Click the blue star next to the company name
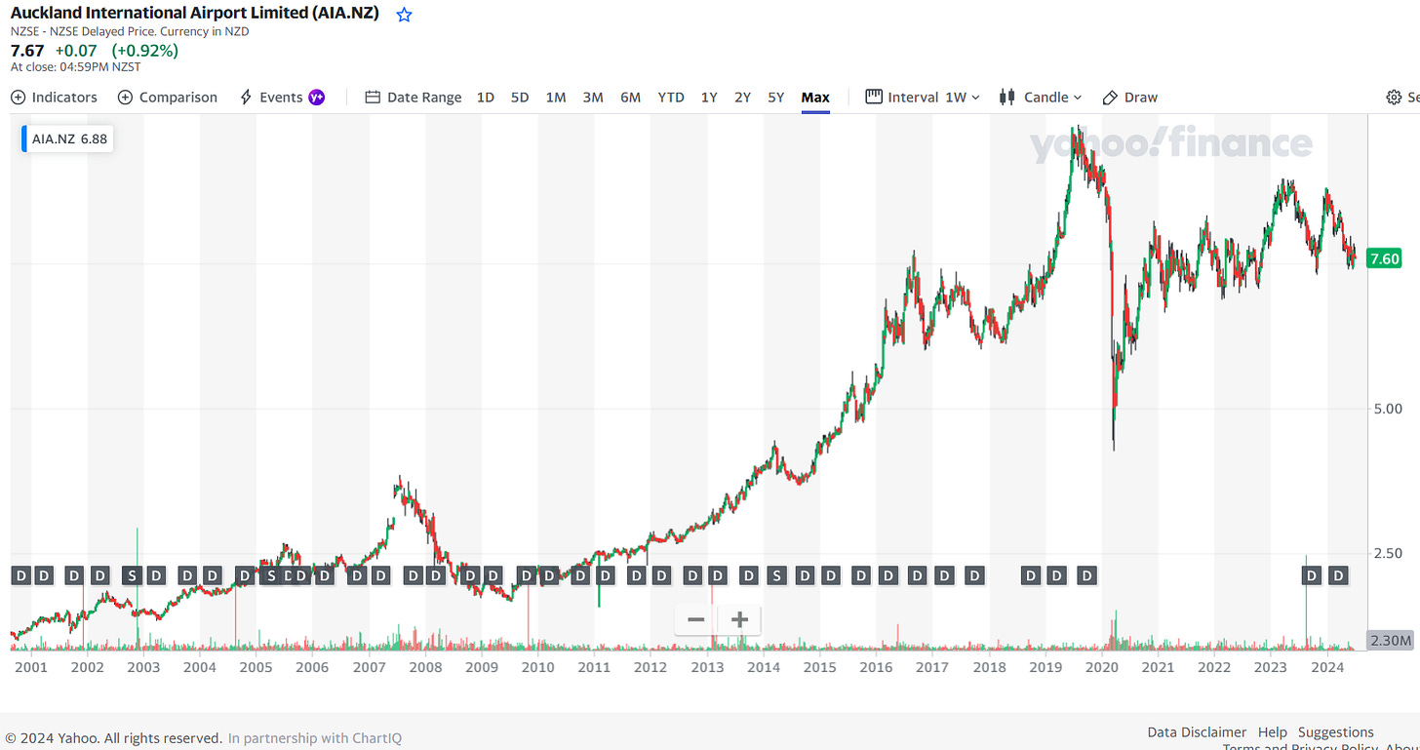(404, 15)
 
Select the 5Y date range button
(775, 98)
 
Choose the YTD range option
(671, 98)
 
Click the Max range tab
(815, 98)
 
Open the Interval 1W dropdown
(923, 98)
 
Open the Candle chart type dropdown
(1041, 98)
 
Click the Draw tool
(1130, 98)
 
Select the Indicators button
(55, 98)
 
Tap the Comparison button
(168, 98)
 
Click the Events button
(282, 98)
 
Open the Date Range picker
(414, 98)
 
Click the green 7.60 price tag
(1385, 258)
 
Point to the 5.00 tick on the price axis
(1387, 409)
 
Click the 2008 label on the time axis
(425, 667)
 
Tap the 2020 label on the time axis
(1101, 667)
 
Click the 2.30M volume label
(1390, 641)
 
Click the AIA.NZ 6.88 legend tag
(68, 139)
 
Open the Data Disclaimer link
(1196, 731)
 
